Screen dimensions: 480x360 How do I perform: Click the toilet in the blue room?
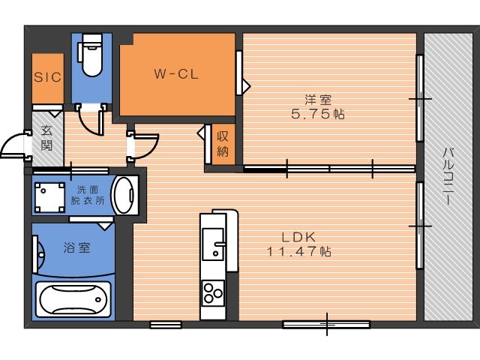pos(91,55)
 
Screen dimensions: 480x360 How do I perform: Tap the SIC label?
pos(48,77)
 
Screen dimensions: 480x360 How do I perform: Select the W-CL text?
pos(176,74)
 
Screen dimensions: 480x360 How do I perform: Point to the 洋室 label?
pos(318,100)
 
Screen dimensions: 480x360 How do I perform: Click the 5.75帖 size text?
pos(318,114)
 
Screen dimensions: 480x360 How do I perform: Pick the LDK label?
pos(298,237)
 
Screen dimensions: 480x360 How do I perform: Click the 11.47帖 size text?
pos(298,252)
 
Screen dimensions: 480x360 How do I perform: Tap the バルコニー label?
pos(448,176)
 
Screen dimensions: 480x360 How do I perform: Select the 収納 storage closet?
pos(223,144)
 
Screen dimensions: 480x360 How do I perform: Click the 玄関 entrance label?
pos(46,138)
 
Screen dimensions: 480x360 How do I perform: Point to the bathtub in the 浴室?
pos(73,299)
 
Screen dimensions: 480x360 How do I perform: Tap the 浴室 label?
pos(77,247)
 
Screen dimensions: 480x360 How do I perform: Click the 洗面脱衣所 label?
pos(88,195)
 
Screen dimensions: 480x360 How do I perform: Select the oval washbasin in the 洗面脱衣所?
pos(125,195)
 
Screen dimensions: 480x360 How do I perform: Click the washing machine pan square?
pos(49,197)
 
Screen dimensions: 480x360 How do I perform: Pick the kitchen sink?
pos(213,244)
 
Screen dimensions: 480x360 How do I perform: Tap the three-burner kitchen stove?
pos(213,292)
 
